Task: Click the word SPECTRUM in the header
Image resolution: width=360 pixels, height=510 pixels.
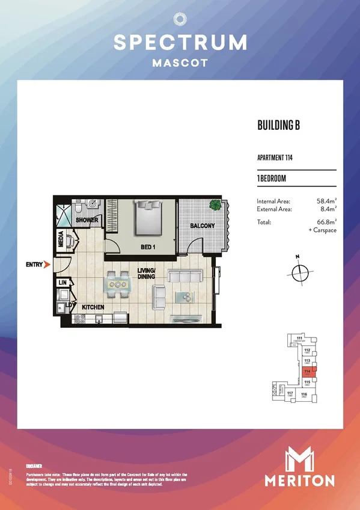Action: pos(180,42)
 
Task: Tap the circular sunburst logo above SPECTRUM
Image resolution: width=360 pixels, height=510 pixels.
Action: pos(180,19)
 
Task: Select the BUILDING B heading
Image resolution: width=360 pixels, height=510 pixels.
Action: pos(278,125)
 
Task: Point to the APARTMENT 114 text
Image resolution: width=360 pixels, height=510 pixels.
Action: pos(275,159)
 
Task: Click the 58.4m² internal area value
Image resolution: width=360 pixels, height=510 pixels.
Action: pos(325,201)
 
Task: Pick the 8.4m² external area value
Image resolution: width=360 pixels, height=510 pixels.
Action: pos(326,209)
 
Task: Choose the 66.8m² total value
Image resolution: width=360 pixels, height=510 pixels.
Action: pos(325,222)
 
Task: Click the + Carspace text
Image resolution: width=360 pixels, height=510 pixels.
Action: pos(323,230)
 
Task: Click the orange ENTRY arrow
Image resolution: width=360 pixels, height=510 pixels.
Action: pos(46,263)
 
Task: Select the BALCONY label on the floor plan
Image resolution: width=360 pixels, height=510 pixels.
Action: pos(203,226)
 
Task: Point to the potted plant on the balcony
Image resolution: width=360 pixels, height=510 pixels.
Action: pos(215,206)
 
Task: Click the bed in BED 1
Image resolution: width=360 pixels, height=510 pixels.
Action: pos(148,218)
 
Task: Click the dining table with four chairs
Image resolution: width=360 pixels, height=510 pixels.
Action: pos(117,284)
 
